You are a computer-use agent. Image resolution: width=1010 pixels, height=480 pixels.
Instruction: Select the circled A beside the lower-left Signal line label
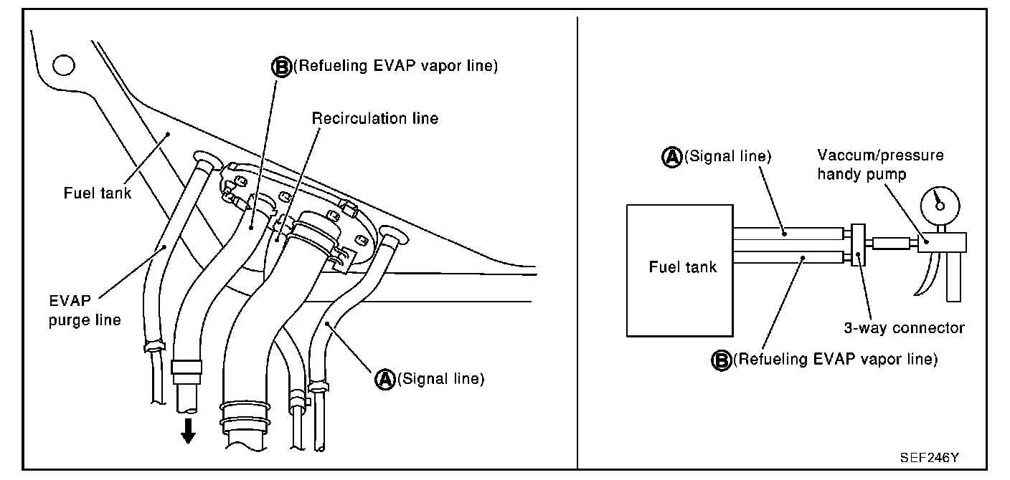coord(385,378)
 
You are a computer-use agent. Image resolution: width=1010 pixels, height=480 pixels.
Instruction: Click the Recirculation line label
coord(374,118)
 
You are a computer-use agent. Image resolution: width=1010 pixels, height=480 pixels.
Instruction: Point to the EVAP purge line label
coord(85,311)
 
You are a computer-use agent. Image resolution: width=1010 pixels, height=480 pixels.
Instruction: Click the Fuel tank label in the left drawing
coord(98,192)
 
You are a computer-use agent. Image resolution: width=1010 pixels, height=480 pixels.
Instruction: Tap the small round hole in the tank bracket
coord(64,64)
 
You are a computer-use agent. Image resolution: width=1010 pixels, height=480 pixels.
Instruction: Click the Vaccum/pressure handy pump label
coord(880,164)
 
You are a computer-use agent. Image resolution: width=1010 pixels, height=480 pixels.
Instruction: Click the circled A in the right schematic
coord(671,156)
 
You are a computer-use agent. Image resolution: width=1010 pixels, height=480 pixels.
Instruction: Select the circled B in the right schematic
coord(722,360)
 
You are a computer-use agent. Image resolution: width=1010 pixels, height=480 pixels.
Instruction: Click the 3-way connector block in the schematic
coord(856,244)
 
